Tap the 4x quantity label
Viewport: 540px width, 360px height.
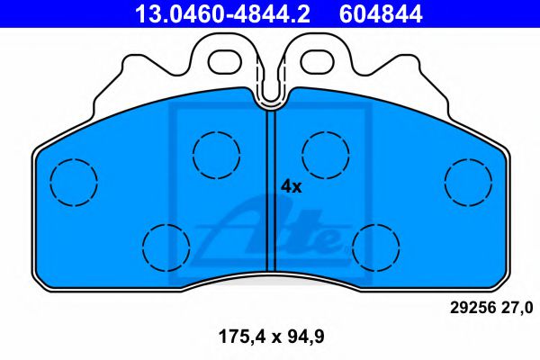pyautogui.click(x=291, y=186)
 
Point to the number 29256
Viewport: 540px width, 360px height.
pyautogui.click(x=469, y=307)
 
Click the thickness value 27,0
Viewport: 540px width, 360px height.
pyautogui.click(x=515, y=307)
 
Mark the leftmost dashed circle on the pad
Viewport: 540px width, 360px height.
pyautogui.click(x=73, y=181)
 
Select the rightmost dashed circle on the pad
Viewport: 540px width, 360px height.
pyautogui.click(x=467, y=181)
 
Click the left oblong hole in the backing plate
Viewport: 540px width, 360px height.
pyautogui.click(x=225, y=60)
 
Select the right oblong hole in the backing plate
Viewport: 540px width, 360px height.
pyautogui.click(x=316, y=60)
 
